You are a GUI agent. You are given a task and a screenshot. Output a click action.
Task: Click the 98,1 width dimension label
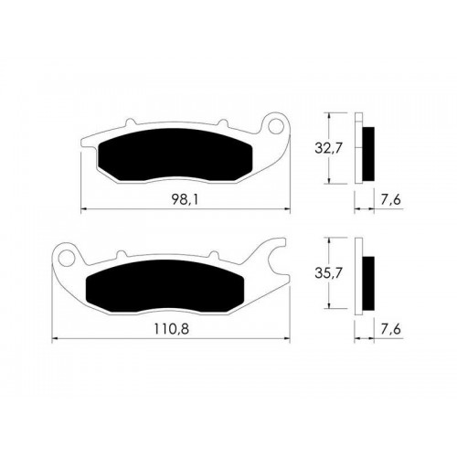[x=186, y=200]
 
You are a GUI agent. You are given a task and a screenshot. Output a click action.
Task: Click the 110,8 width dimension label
[x=171, y=329]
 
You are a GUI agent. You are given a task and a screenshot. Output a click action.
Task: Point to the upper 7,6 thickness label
[x=391, y=200]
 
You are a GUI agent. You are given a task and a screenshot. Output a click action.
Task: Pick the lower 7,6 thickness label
[x=391, y=329]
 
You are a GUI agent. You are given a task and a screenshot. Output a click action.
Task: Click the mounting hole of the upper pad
[x=275, y=126]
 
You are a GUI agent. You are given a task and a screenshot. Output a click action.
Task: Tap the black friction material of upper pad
[x=175, y=154]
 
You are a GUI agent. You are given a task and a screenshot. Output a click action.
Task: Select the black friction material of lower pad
[x=165, y=286]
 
